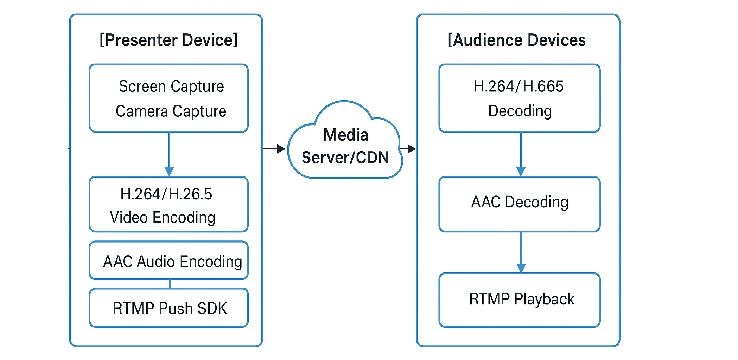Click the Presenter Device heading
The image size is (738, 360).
pyautogui.click(x=168, y=40)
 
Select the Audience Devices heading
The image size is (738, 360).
pyautogui.click(x=516, y=40)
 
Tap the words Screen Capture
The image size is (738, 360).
pyautogui.click(x=171, y=86)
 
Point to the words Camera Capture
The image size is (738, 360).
pyautogui.click(x=171, y=111)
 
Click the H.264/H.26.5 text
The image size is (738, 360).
pyautogui.click(x=166, y=194)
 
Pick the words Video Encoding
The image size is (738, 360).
pyautogui.click(x=163, y=218)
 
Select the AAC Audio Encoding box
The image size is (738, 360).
pyautogui.click(x=169, y=261)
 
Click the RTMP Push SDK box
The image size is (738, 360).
pyautogui.click(x=169, y=308)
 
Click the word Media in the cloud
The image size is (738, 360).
pyautogui.click(x=346, y=135)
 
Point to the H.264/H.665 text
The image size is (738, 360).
pyautogui.click(x=518, y=86)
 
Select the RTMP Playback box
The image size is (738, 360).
pyautogui.click(x=520, y=300)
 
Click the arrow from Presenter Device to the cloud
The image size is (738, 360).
pyautogui.click(x=274, y=149)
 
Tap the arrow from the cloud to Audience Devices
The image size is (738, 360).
pyautogui.click(x=408, y=149)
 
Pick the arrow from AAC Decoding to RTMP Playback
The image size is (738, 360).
pyautogui.click(x=521, y=252)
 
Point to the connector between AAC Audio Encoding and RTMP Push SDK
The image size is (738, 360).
pyautogui.click(x=170, y=284)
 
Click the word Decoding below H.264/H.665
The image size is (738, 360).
pyautogui.click(x=520, y=111)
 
